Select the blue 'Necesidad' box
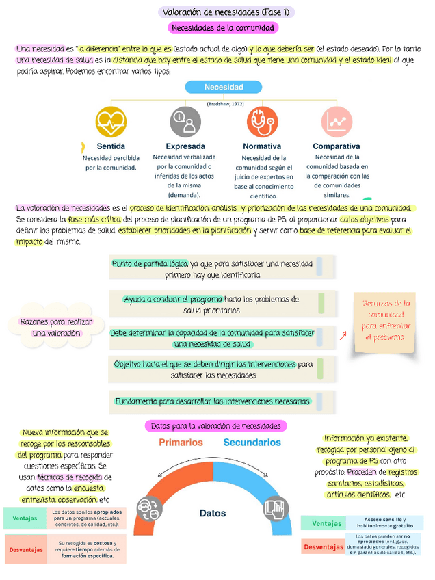(x=224, y=88)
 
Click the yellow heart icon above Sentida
(x=111, y=122)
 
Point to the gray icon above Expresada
(x=185, y=122)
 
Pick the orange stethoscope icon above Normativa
(x=262, y=122)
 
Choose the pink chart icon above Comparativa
(x=337, y=122)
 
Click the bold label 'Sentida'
(x=111, y=146)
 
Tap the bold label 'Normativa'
(x=262, y=146)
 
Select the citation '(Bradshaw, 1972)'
(x=224, y=103)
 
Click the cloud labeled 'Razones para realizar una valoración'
(x=56, y=327)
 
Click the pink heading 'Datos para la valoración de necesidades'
(x=215, y=426)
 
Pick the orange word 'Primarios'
(x=181, y=443)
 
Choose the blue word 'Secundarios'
(x=252, y=443)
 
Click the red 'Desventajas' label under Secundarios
(x=323, y=547)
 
